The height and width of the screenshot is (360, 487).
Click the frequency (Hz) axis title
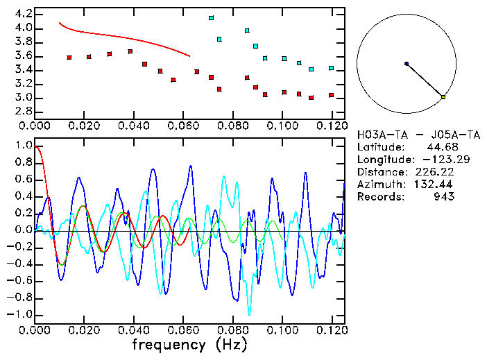click(x=188, y=345)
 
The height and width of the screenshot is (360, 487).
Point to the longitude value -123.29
click(x=431, y=160)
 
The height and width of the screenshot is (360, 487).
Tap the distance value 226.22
click(x=431, y=172)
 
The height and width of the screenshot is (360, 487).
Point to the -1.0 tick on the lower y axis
click(x=21, y=314)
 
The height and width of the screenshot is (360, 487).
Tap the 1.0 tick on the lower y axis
click(x=23, y=146)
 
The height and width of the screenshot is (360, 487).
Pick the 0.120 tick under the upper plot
click(x=332, y=126)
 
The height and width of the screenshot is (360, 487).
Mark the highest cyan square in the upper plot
click(x=211, y=18)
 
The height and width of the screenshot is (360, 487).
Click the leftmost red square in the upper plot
click(x=69, y=58)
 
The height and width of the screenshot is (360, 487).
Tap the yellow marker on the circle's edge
click(x=443, y=97)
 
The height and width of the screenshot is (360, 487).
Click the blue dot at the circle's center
click(x=407, y=64)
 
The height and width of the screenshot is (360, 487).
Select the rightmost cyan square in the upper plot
click(x=331, y=68)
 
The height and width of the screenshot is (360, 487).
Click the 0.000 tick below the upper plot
click(x=35, y=126)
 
